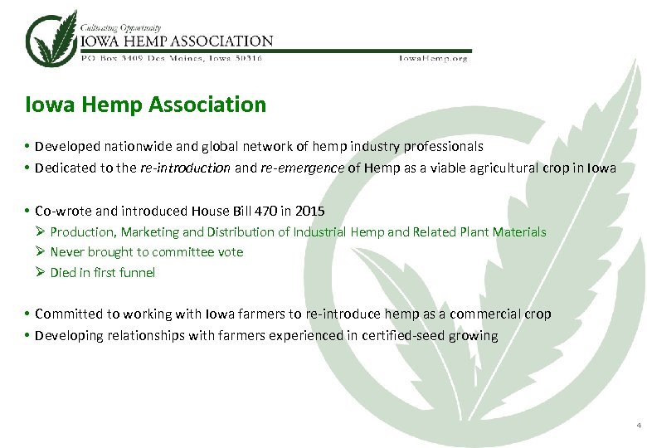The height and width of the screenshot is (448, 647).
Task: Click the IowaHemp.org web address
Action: pos(433,58)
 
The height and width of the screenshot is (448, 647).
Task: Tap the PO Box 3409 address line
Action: pos(172,58)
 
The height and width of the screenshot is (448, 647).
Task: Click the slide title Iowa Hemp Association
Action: pos(146,105)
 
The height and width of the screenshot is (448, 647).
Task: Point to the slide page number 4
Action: pos(638,425)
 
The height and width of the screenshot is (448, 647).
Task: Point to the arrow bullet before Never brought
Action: pos(40,252)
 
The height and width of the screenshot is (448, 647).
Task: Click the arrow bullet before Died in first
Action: pos(40,273)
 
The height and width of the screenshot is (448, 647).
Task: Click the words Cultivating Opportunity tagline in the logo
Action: pos(121,27)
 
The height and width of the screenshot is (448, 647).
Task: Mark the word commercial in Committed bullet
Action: pos(493,314)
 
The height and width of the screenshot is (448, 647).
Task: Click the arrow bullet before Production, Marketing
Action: pos(40,232)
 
